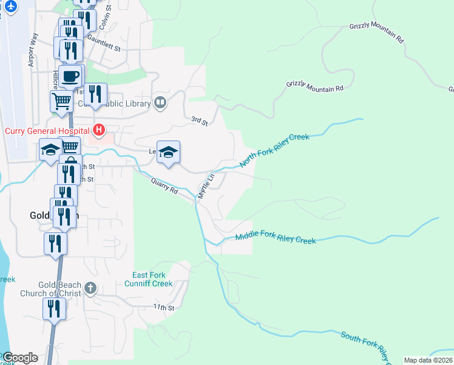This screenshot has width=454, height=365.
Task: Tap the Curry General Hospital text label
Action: point(47,131)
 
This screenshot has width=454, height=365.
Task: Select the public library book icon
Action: point(160,103)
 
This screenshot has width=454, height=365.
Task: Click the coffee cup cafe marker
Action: point(70,77)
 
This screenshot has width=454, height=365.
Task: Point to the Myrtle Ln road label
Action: point(206,187)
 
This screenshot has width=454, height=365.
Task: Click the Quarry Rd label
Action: point(164,185)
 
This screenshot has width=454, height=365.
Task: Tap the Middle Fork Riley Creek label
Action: point(276,238)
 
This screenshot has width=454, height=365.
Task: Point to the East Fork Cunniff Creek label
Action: point(149,279)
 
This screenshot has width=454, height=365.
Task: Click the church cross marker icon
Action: point(90,287)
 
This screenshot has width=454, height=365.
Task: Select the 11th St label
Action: point(163,308)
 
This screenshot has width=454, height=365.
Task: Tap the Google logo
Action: point(19,357)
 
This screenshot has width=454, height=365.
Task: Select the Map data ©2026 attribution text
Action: point(428,360)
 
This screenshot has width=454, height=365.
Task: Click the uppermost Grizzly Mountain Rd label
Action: point(376,32)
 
